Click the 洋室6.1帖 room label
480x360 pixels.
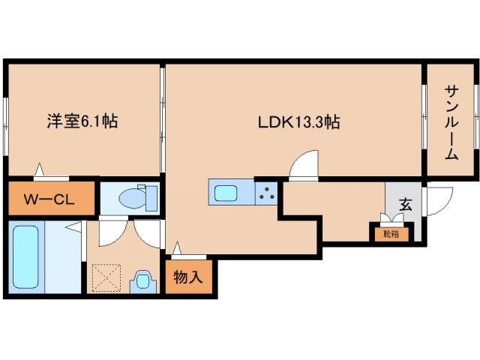[82, 120]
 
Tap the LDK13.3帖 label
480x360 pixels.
[299, 120]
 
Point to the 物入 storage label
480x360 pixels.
[188, 277]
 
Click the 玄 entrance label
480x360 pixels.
[405, 203]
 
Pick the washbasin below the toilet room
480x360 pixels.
[142, 281]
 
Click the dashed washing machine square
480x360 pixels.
[107, 278]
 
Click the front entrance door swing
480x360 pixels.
[439, 199]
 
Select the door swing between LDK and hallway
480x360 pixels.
[304, 166]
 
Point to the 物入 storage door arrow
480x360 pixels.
[178, 248]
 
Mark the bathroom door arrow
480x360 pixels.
[73, 226]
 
